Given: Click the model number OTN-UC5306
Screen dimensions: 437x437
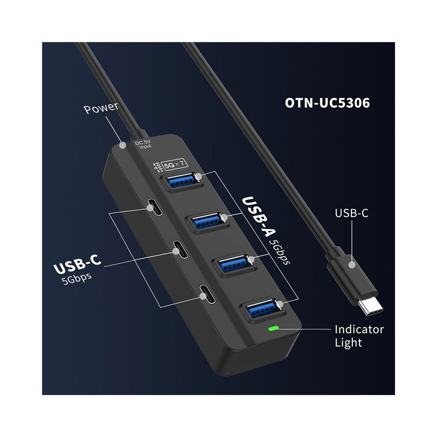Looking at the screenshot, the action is tap(327, 103).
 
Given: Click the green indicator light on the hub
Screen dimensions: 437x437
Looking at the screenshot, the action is tap(273, 328).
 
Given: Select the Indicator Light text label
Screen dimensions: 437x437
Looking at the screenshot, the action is tap(359, 336).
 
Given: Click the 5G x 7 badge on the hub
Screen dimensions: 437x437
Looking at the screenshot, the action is tap(174, 165).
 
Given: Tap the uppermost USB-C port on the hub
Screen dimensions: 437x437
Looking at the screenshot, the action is tap(154, 207).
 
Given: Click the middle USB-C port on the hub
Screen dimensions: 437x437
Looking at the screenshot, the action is tap(181, 249).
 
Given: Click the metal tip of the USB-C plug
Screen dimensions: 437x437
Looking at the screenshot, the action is tap(370, 306).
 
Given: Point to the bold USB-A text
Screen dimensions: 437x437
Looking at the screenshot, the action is tap(259, 216).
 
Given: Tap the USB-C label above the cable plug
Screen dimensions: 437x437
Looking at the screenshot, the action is tap(351, 213).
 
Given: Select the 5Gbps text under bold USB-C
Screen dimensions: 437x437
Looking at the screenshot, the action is tap(77, 279).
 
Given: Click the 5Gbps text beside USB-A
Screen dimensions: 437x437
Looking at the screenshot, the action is tap(280, 252).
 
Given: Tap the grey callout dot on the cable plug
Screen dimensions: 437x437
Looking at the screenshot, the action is tap(352, 265).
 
